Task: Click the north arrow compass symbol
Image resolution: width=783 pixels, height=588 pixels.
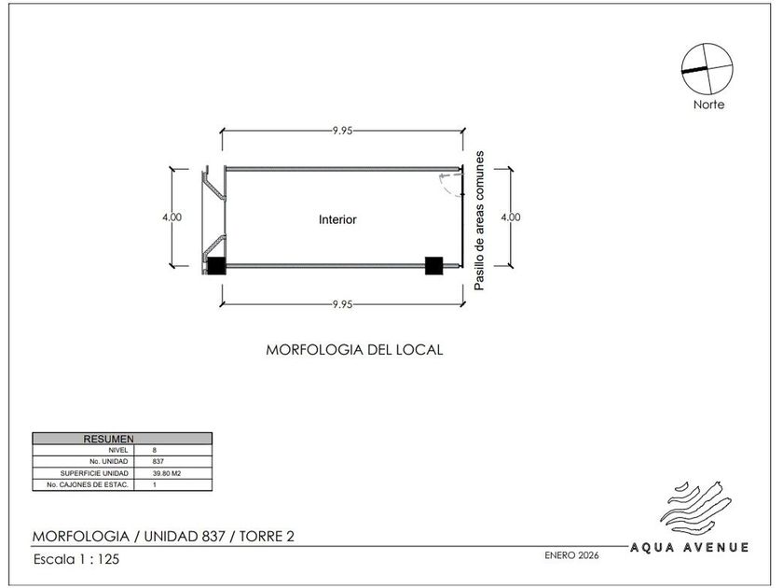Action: click(707, 68)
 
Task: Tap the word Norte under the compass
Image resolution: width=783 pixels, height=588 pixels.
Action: click(708, 105)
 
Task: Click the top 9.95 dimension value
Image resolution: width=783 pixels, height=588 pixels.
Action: click(343, 131)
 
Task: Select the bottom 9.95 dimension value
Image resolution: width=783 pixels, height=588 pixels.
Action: click(343, 304)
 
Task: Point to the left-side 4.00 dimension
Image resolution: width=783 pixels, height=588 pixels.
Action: click(172, 217)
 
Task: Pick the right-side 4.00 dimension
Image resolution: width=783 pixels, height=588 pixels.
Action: click(511, 217)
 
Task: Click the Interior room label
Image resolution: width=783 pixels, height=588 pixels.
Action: click(337, 219)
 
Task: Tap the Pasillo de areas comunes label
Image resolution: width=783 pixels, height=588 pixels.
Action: click(479, 220)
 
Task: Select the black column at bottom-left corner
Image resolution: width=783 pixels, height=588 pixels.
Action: click(215, 265)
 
